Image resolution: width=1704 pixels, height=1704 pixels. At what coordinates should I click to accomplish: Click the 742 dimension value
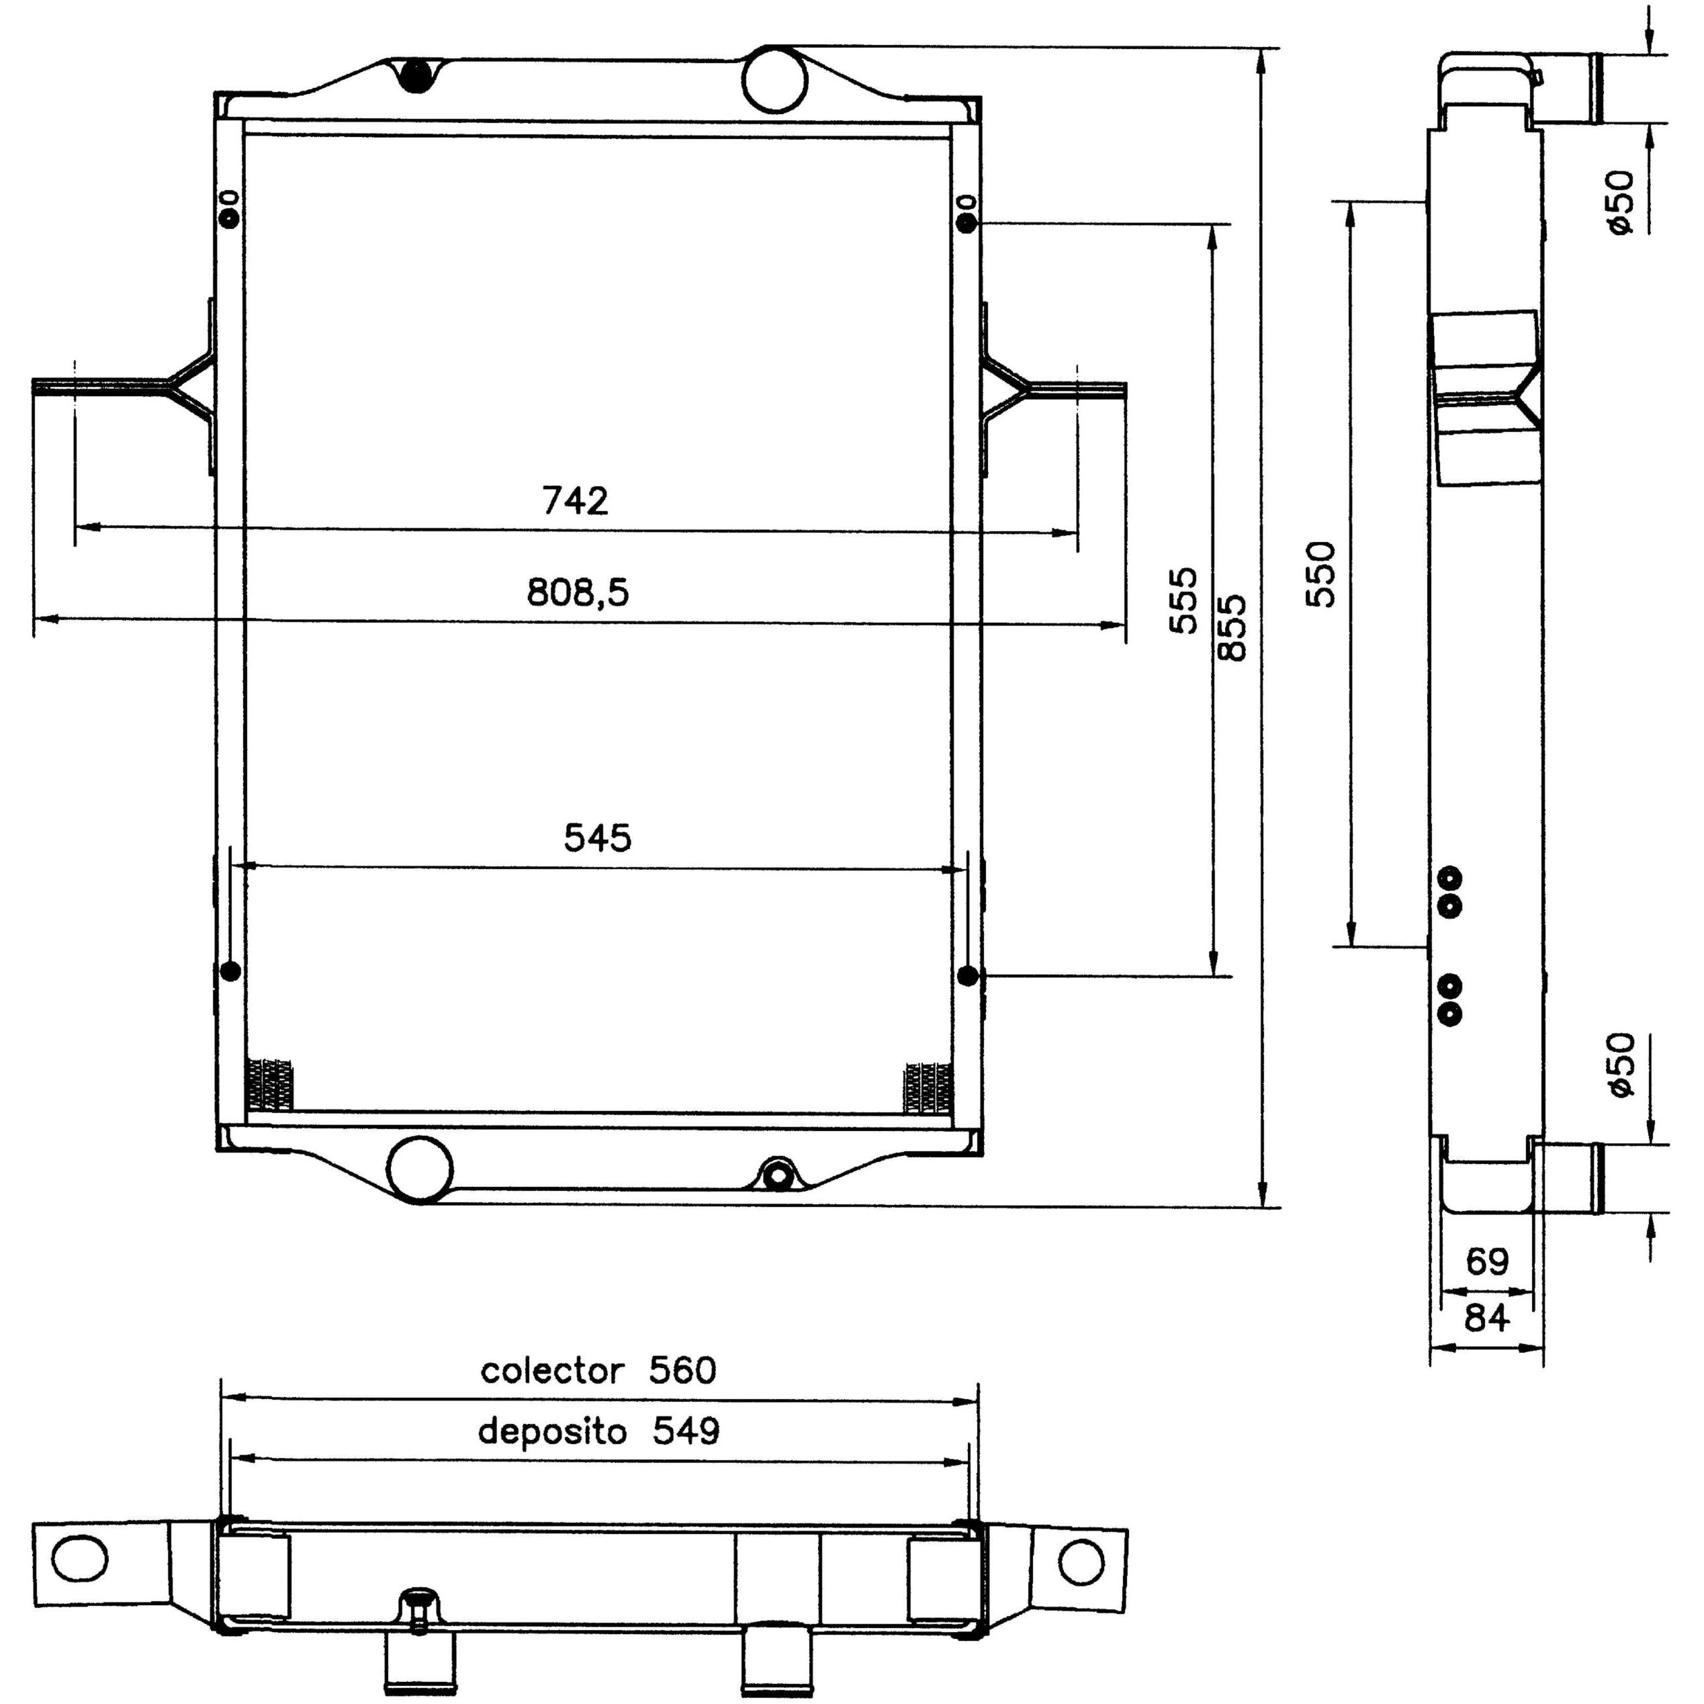[x=575, y=501]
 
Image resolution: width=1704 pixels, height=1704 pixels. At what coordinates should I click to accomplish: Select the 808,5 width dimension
[x=578, y=592]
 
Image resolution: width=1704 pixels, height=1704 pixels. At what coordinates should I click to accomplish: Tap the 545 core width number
[x=598, y=838]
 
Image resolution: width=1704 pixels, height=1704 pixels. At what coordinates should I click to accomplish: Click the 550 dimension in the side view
[x=1320, y=574]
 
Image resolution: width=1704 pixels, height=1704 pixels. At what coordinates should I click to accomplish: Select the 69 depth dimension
[x=1487, y=1261]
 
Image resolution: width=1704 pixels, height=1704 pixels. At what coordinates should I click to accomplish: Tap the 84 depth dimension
[x=1487, y=1318]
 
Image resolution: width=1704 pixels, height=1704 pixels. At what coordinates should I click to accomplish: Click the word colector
[x=552, y=1371]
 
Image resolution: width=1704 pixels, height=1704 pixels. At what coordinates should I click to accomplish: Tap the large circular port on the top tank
[x=775, y=79]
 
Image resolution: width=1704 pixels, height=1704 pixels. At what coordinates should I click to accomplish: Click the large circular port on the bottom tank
[x=420, y=1168]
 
